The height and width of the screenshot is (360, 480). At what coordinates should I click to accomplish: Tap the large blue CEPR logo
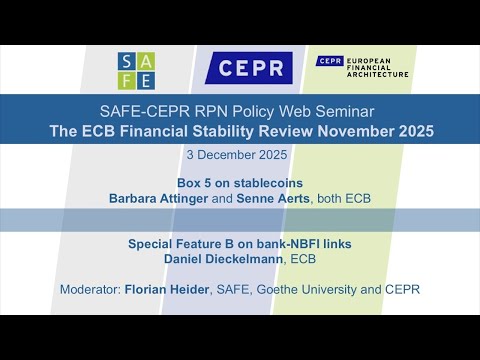[249, 67]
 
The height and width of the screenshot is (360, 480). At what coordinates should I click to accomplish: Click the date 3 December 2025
[237, 155]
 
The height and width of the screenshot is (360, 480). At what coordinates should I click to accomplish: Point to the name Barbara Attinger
[158, 199]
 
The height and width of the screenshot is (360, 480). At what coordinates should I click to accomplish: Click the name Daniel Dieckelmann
[217, 259]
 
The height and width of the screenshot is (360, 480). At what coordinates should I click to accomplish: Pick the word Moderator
[92, 290]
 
